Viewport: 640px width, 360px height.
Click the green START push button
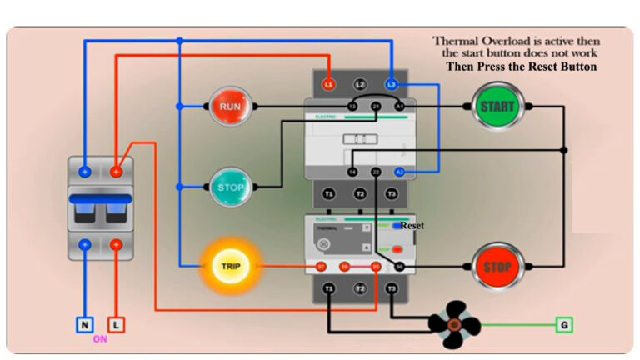[x=497, y=107]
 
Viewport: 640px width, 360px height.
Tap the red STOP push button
[x=497, y=267]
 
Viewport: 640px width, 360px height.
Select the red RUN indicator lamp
[x=229, y=107]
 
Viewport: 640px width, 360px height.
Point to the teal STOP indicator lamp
[x=229, y=187]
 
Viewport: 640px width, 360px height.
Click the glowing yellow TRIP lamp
[x=230, y=267]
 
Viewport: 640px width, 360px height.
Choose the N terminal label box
[x=85, y=323]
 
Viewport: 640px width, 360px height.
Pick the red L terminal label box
[x=116, y=323]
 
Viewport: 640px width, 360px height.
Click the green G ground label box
[x=565, y=323]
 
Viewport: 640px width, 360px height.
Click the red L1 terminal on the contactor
[x=329, y=85]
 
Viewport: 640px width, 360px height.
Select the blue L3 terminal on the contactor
[x=391, y=85]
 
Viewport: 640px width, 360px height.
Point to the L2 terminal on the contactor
[x=360, y=85]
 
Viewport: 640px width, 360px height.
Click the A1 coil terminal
[x=399, y=107]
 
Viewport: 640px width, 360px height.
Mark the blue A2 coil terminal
[x=399, y=172]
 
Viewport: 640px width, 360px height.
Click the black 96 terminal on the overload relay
[x=399, y=267]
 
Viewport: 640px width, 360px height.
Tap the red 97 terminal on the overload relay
[x=321, y=267]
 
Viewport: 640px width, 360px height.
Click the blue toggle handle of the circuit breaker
[x=100, y=200]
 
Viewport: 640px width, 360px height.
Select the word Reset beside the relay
[x=412, y=226]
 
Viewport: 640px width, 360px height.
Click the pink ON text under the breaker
[x=100, y=339]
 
